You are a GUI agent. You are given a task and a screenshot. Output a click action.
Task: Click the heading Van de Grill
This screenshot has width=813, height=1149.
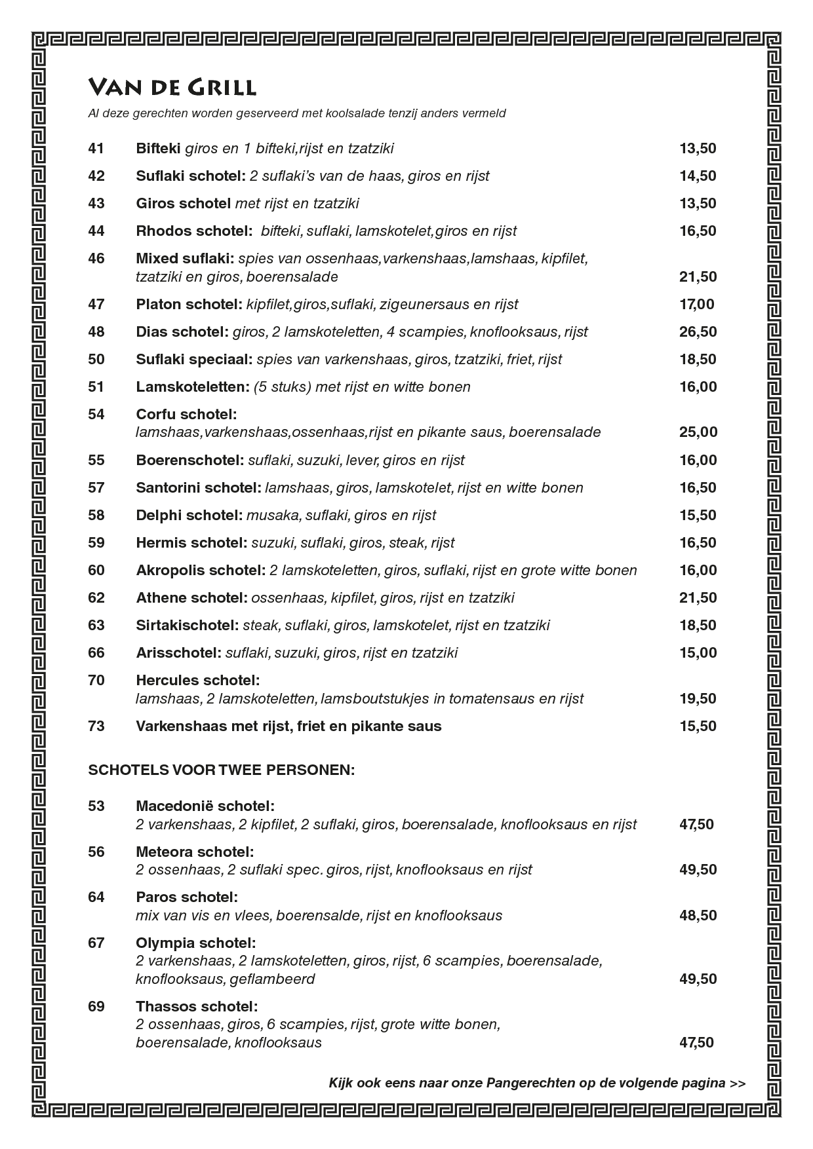click(x=172, y=87)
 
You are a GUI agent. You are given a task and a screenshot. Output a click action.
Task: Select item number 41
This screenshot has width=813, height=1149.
click(x=96, y=149)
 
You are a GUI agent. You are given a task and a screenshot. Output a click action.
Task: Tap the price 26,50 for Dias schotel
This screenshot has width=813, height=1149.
click(x=698, y=332)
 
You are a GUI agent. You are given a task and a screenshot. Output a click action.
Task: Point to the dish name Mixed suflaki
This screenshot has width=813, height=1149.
click(x=185, y=259)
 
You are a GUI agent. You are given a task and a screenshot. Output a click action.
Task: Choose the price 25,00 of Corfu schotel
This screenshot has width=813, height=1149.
click(x=698, y=432)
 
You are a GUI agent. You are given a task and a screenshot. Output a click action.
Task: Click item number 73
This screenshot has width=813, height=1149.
click(x=96, y=726)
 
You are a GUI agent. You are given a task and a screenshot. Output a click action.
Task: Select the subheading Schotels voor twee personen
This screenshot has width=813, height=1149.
click(x=221, y=770)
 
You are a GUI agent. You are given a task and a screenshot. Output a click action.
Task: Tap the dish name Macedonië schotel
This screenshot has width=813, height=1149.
click(x=205, y=806)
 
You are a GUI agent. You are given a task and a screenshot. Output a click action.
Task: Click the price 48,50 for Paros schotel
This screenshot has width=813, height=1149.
click(x=698, y=916)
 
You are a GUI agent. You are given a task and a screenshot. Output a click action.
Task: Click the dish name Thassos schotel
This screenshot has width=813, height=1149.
click(x=197, y=1007)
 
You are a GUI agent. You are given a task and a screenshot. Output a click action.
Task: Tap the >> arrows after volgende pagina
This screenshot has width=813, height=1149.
click(x=738, y=1083)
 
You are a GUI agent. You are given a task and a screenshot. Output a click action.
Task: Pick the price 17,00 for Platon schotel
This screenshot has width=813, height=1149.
click(x=696, y=305)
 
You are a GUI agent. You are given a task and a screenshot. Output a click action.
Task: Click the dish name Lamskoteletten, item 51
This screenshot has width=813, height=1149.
click(x=193, y=387)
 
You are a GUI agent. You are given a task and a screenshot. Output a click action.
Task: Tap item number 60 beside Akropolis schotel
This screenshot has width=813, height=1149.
click(x=96, y=571)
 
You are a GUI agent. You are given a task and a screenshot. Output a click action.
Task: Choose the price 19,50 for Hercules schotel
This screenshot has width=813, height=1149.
click(x=698, y=699)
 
